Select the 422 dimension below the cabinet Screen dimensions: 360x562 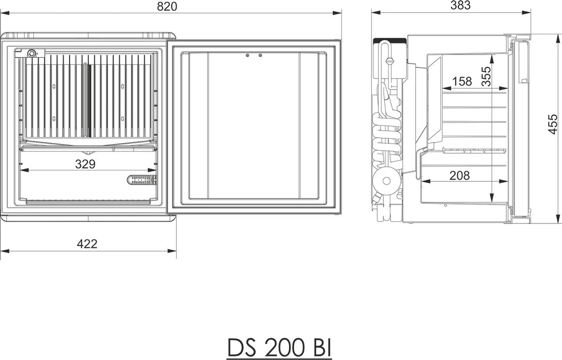click(x=87, y=244)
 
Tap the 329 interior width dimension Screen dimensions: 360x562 click(x=85, y=164)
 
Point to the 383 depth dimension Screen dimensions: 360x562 click(x=460, y=5)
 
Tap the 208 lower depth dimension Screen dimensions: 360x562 click(x=459, y=176)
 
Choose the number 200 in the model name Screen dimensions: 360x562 click(x=281, y=348)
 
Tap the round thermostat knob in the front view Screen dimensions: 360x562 click(x=31, y=54)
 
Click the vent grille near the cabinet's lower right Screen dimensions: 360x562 click(x=142, y=180)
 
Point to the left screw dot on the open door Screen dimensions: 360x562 click(x=248, y=55)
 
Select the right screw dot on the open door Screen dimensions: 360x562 click(x=260, y=55)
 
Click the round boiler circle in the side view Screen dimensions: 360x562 click(x=387, y=180)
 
